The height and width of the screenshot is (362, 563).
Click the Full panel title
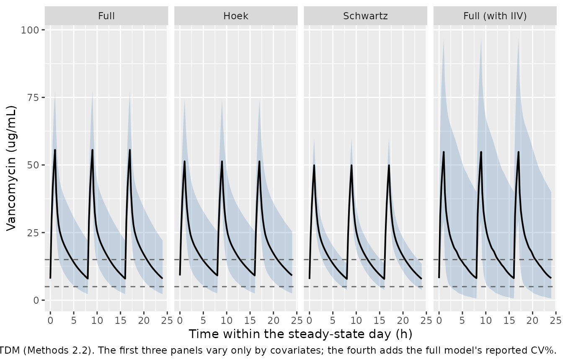106,16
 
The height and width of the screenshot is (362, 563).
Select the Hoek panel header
236,16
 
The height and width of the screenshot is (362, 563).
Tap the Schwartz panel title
365,16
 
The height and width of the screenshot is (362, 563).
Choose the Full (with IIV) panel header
495,16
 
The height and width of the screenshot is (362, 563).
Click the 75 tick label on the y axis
33,98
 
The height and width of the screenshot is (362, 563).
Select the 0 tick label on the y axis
36,300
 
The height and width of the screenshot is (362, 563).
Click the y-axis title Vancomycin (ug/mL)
11,168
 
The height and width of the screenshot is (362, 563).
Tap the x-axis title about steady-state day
301,334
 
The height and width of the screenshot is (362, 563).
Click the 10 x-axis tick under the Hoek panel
227,320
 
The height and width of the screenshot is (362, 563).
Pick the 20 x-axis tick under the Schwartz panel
403,320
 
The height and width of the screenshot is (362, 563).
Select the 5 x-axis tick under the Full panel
74,320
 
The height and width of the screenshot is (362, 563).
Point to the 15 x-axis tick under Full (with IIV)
509,320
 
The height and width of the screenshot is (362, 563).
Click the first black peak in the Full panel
55,150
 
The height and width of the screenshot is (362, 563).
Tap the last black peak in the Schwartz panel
389,165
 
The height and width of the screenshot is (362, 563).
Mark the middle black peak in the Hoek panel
222,161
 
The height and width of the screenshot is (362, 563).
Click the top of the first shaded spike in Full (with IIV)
444,39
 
